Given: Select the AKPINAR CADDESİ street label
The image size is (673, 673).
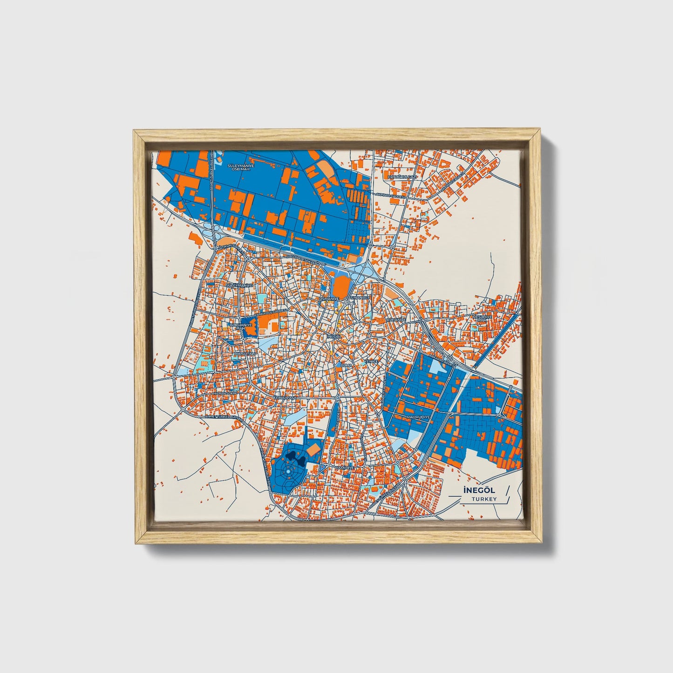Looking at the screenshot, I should (390, 196).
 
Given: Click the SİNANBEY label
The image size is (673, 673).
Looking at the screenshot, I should (359, 297).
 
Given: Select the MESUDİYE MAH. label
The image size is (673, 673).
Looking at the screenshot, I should (483, 318).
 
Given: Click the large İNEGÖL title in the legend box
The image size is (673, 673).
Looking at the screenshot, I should (473, 490).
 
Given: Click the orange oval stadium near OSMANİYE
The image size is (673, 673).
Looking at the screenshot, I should (340, 283).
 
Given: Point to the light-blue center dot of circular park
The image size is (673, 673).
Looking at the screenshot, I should (287, 472).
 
